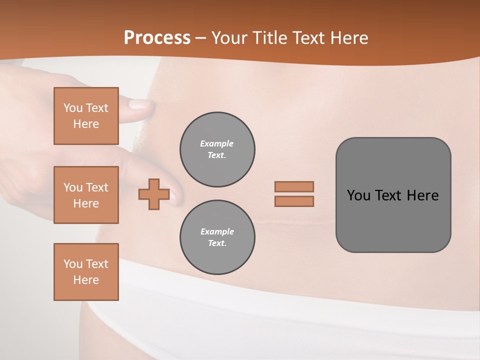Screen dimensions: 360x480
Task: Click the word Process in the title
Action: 157,38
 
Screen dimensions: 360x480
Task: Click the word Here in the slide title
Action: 348,38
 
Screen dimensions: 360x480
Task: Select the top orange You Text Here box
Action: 86,116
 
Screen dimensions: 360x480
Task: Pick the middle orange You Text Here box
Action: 86,195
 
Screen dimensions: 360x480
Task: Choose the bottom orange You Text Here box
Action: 86,272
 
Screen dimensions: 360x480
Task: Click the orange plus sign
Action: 154,194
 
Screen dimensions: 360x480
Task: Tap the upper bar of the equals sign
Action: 294,186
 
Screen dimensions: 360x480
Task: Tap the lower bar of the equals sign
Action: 294,201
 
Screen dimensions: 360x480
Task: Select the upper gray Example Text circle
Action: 217,149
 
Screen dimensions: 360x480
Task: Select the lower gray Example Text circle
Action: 217,237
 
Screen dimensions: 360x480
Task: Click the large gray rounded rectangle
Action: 393,220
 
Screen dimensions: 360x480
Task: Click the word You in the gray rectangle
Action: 358,195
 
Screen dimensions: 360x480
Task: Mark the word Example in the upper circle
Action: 217,143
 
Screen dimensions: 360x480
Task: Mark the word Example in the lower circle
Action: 217,231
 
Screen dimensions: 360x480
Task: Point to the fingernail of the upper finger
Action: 139,104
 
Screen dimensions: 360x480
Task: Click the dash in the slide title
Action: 201,38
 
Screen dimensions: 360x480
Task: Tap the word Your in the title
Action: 228,38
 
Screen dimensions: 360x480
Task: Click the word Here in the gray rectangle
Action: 423,195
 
